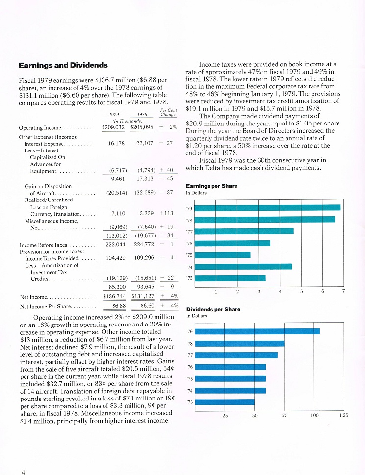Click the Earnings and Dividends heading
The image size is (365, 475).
click(x=63, y=65)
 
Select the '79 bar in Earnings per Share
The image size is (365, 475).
click(x=268, y=207)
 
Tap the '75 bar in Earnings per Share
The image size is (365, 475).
click(x=223, y=255)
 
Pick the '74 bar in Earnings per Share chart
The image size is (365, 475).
click(x=243, y=267)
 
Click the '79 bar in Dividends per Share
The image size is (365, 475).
click(x=258, y=331)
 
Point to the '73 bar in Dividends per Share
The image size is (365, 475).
click(x=225, y=402)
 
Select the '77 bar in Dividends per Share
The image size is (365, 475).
click(x=236, y=355)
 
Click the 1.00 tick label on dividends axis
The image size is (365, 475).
click(x=314, y=415)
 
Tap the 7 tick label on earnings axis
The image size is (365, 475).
click(x=343, y=291)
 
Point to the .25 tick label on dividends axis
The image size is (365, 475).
click(x=224, y=416)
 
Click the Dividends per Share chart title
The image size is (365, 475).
click(x=213, y=310)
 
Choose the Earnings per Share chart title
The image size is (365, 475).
click(x=211, y=186)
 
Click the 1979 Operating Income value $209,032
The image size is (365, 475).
click(x=113, y=127)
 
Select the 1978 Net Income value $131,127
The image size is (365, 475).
click(x=143, y=296)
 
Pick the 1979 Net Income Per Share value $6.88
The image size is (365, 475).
click(x=119, y=306)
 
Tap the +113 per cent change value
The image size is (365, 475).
click(x=166, y=213)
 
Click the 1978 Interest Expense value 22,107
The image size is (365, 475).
click(x=145, y=143)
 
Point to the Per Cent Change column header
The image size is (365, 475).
click(x=168, y=112)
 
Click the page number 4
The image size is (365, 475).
click(x=23, y=472)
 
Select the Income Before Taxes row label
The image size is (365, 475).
click(x=44, y=245)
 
